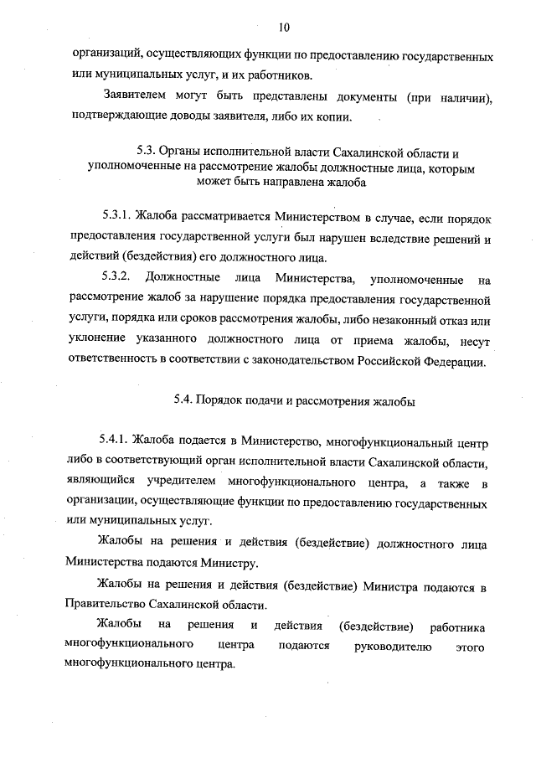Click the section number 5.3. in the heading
tap(148, 152)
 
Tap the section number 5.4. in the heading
tap(184, 400)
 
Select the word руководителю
tap(392, 647)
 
